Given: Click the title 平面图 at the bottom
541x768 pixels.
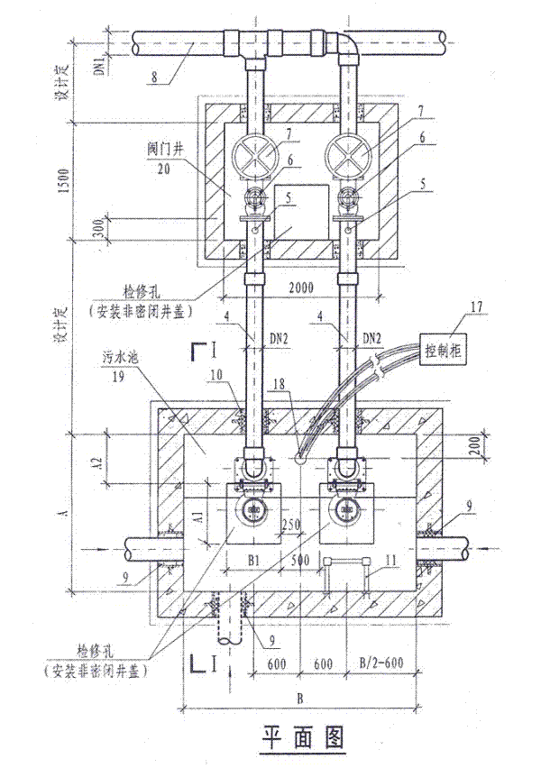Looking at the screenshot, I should coord(303,737).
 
